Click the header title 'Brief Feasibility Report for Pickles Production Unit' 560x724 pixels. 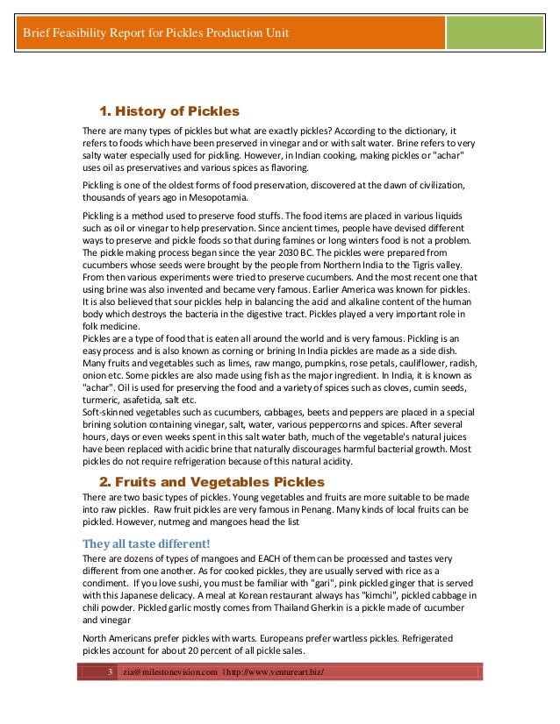[x=155, y=34]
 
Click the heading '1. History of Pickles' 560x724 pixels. [x=169, y=111]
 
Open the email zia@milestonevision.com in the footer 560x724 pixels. [x=170, y=671]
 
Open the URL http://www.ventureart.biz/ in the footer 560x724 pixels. [x=275, y=671]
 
